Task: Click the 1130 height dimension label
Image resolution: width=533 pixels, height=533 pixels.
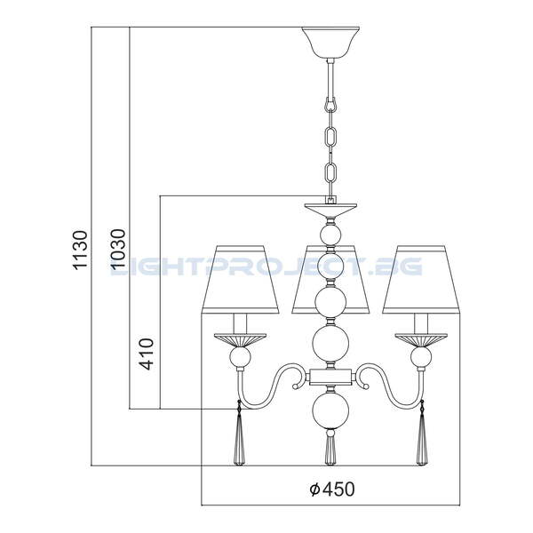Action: (81, 251)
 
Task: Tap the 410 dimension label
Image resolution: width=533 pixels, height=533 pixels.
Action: (147, 354)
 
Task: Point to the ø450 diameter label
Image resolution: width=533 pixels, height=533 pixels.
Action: (332, 489)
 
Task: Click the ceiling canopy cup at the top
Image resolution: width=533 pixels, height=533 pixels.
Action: (330, 43)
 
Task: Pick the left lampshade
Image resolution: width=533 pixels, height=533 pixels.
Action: (241, 279)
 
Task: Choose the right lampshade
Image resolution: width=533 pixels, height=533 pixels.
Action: (421, 279)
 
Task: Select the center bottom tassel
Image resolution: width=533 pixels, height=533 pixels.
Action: (330, 448)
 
